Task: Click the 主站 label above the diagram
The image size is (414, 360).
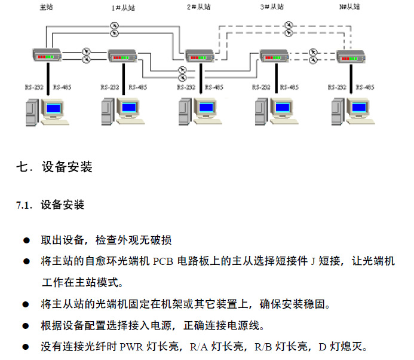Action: pos(46,7)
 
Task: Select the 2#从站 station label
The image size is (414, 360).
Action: pos(199,7)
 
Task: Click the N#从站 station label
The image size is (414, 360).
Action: pos(349,7)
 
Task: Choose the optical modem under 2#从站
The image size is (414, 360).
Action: pos(200,57)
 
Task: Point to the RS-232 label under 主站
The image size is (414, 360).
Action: pos(33,87)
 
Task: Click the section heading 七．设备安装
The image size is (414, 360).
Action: pos(55,167)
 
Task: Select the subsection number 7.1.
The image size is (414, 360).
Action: pos(24,206)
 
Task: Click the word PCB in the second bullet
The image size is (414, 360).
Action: pos(164,262)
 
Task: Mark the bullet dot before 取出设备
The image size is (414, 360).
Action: pos(27,240)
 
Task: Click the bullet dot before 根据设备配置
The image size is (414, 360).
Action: pos(27,326)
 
